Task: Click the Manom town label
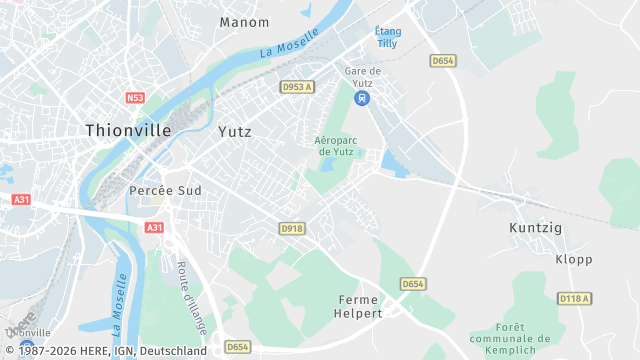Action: pyautogui.click(x=244, y=22)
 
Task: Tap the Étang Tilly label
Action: pyautogui.click(x=388, y=38)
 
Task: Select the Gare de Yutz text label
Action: pyautogui.click(x=363, y=76)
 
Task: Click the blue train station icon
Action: pyautogui.click(x=362, y=98)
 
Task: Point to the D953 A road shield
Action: pyautogui.click(x=297, y=87)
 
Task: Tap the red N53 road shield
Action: pyautogui.click(x=136, y=98)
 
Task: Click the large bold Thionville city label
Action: pyautogui.click(x=128, y=130)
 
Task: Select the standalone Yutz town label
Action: pyautogui.click(x=235, y=131)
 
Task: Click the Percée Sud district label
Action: pyautogui.click(x=165, y=190)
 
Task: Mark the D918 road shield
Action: pyautogui.click(x=291, y=229)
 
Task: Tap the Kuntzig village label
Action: pyautogui.click(x=536, y=228)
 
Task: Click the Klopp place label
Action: pyautogui.click(x=573, y=259)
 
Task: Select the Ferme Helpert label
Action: pyautogui.click(x=360, y=306)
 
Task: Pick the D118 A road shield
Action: pyautogui.click(x=574, y=298)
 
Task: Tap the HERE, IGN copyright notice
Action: pyautogui.click(x=105, y=351)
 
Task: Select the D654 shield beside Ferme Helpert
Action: pyautogui.click(x=413, y=284)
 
